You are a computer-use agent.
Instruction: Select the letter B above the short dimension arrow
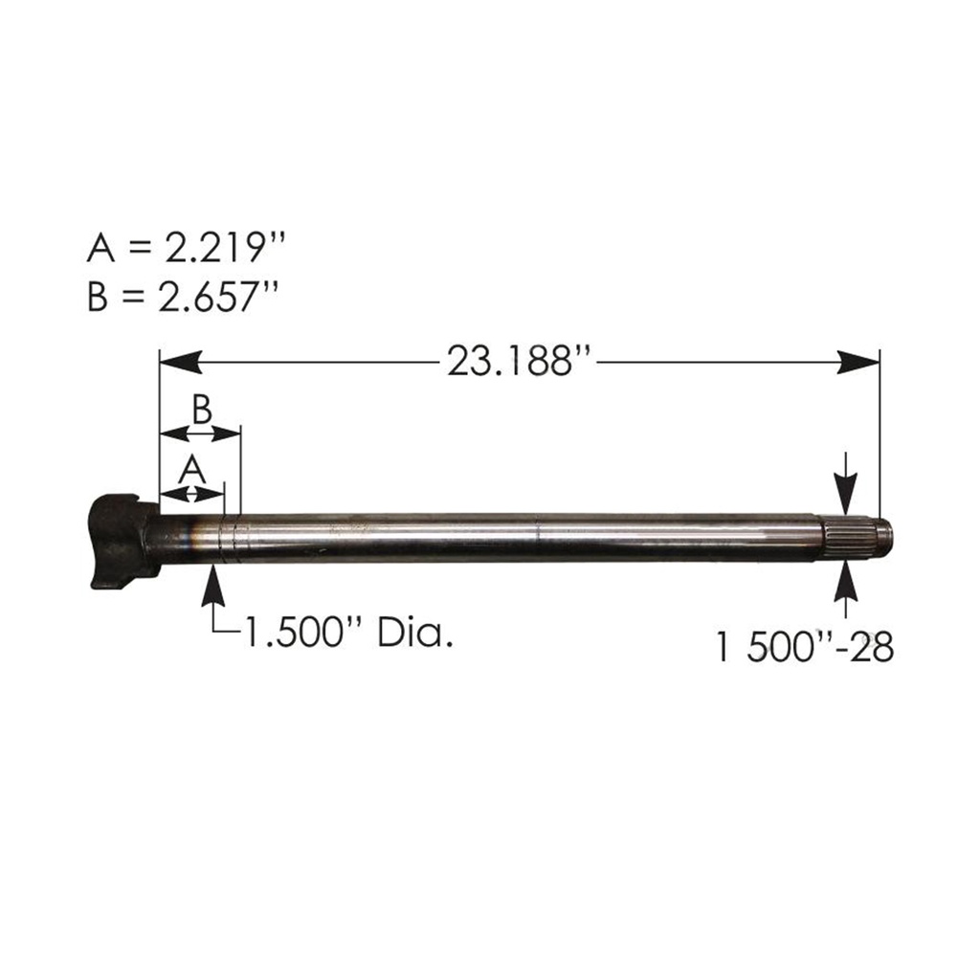tap(201, 409)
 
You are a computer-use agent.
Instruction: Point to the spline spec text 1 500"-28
tap(804, 648)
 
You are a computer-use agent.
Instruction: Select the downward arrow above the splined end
tap(845, 490)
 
